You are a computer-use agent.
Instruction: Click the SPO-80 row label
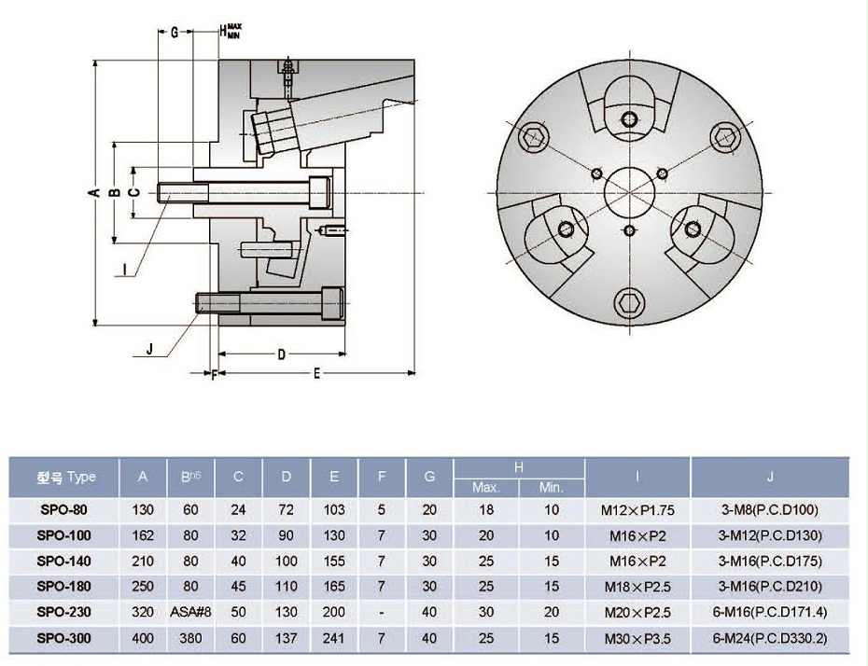point(65,510)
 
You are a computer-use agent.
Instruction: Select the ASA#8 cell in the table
point(190,613)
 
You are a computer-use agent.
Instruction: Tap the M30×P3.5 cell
point(637,639)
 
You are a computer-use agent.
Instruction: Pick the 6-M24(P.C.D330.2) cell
point(770,639)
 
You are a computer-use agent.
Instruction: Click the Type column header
point(65,478)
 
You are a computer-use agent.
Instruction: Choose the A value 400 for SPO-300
point(143,639)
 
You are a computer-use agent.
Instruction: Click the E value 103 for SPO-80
point(334,510)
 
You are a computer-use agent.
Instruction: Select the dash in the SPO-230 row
point(381,613)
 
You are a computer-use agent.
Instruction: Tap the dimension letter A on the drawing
point(93,193)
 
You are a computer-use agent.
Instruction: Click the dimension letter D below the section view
point(281,354)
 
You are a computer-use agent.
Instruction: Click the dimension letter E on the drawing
point(317,374)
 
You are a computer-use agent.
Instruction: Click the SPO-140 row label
point(65,562)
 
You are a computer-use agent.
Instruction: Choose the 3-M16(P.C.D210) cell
point(770,588)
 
